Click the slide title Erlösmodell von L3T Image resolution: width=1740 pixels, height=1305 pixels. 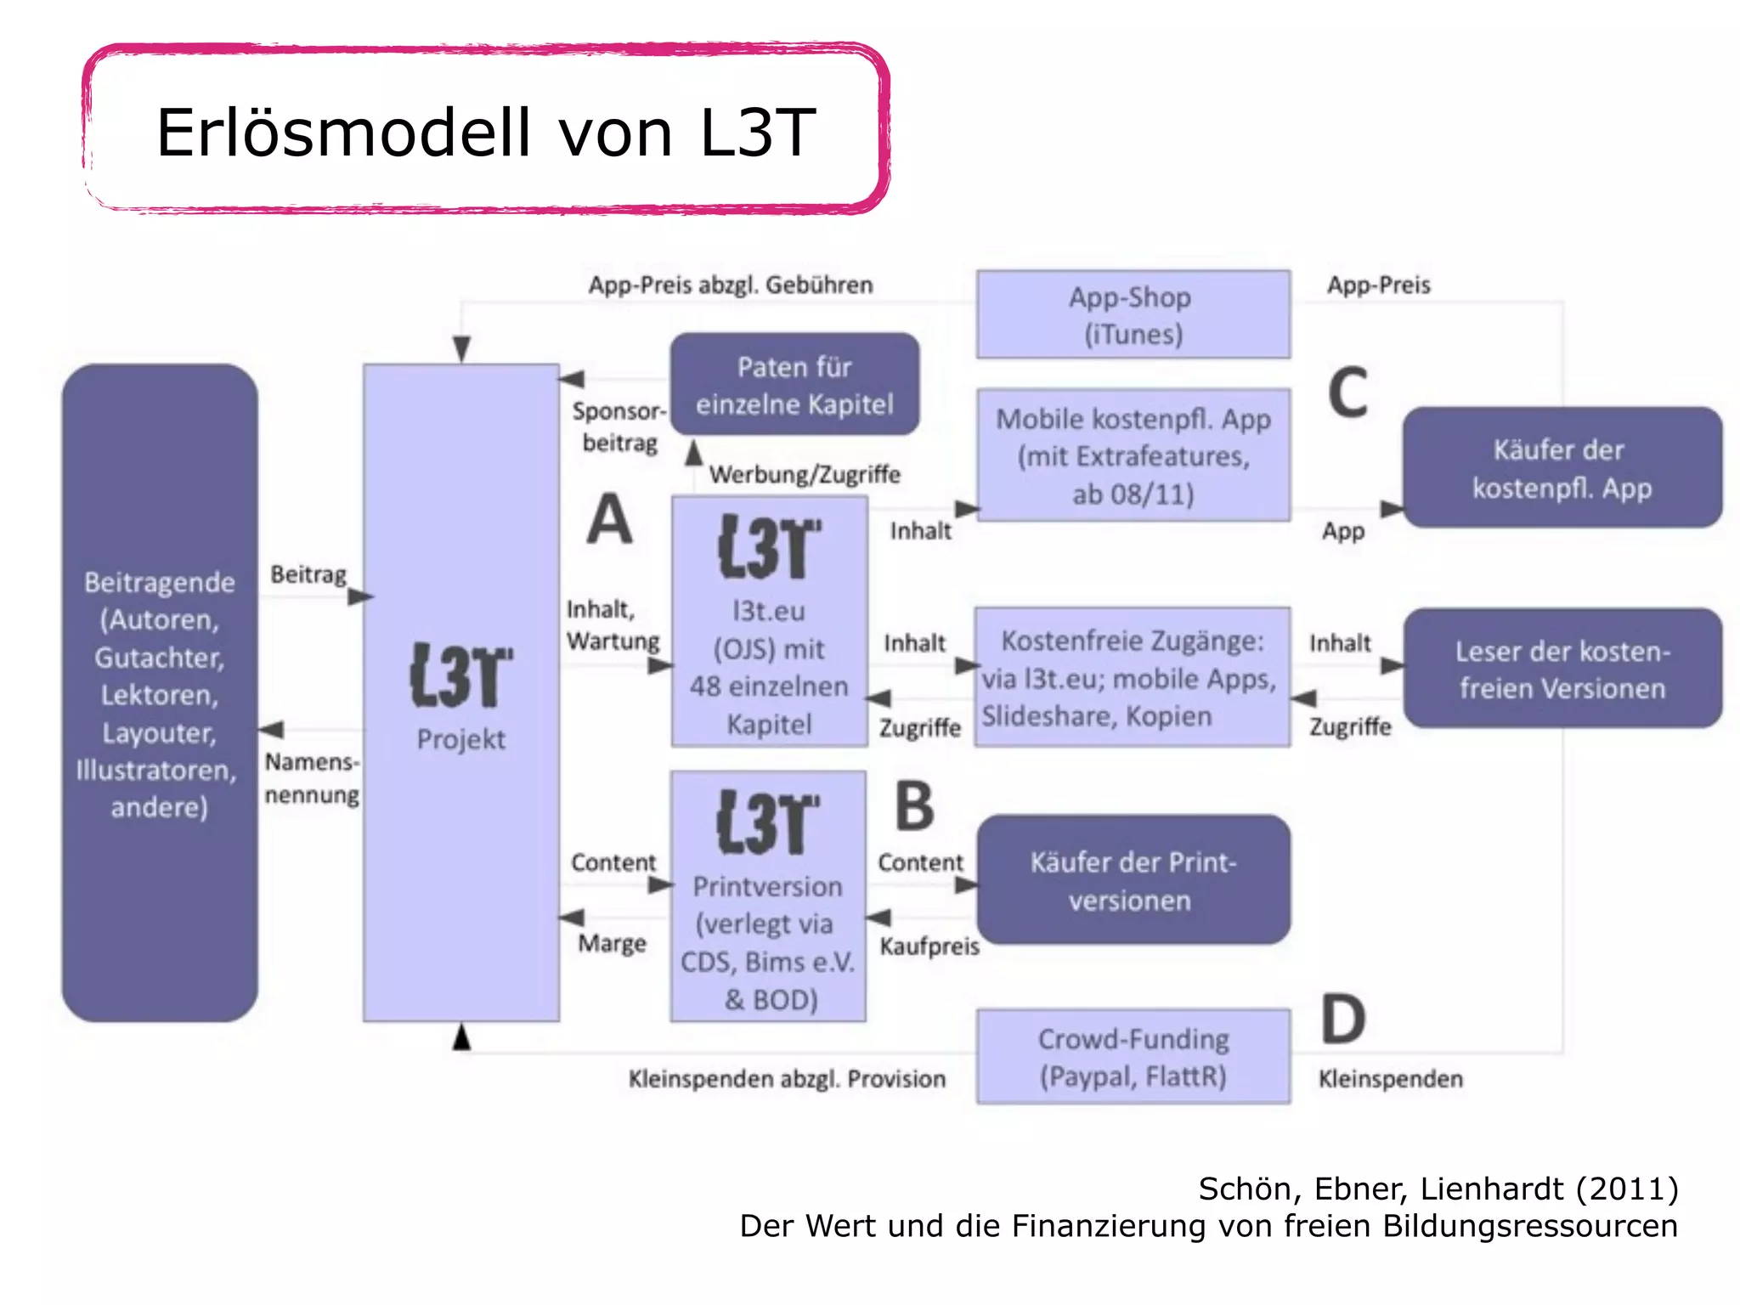[x=485, y=133]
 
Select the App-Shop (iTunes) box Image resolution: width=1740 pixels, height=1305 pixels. [x=1133, y=314]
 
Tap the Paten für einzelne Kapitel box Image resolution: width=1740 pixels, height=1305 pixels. [x=794, y=385]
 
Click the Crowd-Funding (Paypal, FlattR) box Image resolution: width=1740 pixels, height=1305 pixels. [x=1133, y=1057]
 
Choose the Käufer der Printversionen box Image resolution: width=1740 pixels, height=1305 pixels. [x=1133, y=880]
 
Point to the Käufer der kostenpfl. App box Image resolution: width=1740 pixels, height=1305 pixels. [x=1562, y=468]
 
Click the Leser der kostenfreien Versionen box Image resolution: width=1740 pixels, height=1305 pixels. [x=1562, y=669]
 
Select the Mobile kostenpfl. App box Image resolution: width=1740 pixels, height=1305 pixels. [x=1133, y=455]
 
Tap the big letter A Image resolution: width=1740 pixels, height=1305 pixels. [x=609, y=519]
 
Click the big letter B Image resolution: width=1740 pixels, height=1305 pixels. [x=914, y=806]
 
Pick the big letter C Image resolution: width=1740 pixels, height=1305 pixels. [x=1347, y=393]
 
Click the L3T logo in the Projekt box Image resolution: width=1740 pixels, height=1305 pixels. [x=461, y=675]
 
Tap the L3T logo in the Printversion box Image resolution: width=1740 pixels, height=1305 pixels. [x=768, y=822]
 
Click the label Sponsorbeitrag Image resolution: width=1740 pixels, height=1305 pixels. [x=619, y=427]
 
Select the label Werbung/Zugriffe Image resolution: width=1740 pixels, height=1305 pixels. [x=805, y=474]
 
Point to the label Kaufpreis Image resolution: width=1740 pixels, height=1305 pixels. [x=929, y=946]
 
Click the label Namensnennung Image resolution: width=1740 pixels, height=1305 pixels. [x=312, y=778]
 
